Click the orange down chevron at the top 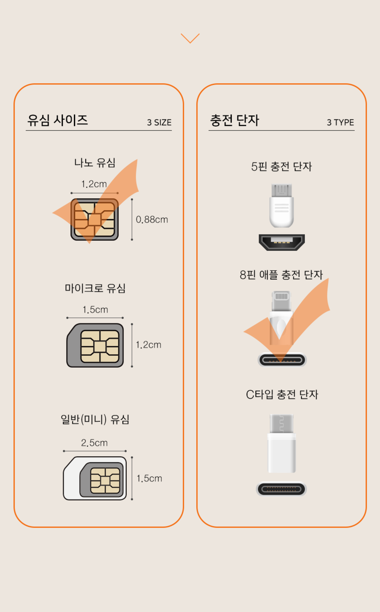point(190,38)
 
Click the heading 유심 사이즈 point(57,120)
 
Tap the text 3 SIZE point(160,123)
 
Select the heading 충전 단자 point(234,120)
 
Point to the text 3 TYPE point(340,123)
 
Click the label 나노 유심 point(95,163)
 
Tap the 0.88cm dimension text point(152,219)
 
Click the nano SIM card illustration point(95,219)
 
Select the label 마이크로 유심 point(95,288)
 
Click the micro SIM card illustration point(95,345)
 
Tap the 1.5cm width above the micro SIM point(95,310)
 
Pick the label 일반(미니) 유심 point(95,420)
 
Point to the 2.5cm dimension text point(95,443)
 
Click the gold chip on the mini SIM point(105,481)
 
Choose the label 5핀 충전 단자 point(281,167)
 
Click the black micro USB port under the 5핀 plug point(282,242)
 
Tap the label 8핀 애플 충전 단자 point(281,275)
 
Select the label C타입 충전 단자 point(282,395)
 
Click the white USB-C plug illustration point(281,443)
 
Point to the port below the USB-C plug point(281,489)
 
